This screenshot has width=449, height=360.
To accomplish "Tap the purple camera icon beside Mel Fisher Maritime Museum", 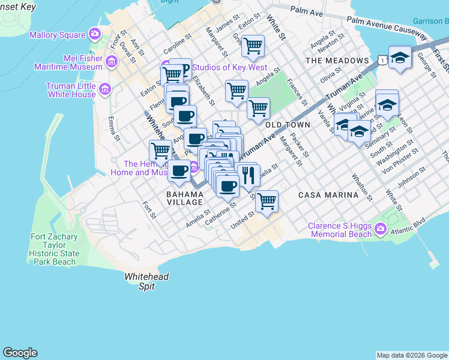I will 111,61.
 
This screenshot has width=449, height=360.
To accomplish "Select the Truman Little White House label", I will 71,90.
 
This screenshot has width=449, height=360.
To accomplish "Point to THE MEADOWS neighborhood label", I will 337,61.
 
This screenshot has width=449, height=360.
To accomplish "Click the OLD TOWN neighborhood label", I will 288,125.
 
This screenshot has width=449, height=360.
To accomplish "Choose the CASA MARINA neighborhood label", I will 328,195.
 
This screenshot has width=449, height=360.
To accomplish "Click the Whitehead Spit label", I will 146,281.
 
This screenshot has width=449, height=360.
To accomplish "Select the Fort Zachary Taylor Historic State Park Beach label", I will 54,249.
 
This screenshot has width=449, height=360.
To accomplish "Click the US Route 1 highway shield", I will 382,60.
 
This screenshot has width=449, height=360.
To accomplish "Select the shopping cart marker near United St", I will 266,202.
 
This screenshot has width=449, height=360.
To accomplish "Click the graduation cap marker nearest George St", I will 399,58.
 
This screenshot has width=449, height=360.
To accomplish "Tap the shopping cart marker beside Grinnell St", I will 253,45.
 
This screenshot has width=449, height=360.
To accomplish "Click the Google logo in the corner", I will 20,353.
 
